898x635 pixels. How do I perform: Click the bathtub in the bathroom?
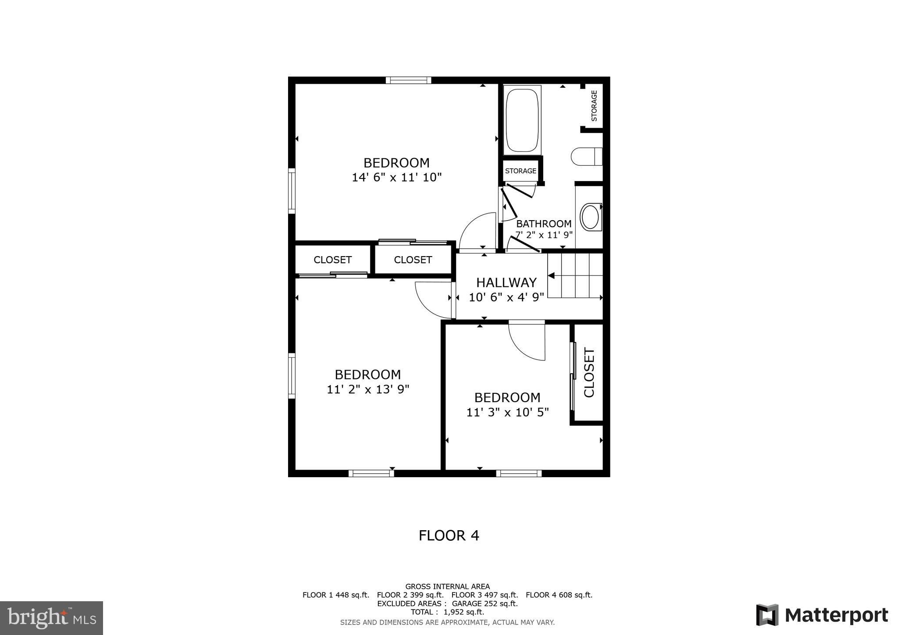(x=522, y=119)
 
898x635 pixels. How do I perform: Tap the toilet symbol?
(x=586, y=157)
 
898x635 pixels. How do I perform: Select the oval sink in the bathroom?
(x=591, y=217)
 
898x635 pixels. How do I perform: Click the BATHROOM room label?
(x=544, y=224)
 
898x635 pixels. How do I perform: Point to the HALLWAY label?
(x=506, y=282)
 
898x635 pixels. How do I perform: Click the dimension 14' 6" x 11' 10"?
(x=396, y=178)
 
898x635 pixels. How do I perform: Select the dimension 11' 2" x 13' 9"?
(x=368, y=389)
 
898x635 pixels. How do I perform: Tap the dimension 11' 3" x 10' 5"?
(x=507, y=412)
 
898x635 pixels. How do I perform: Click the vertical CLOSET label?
(x=589, y=373)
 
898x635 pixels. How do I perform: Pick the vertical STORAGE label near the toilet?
(x=594, y=106)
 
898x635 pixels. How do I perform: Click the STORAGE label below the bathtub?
(x=520, y=171)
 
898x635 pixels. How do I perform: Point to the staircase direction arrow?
(x=552, y=276)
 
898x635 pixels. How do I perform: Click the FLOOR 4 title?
(x=449, y=535)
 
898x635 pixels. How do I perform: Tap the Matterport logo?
(x=822, y=615)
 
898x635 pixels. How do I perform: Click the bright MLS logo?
(x=51, y=618)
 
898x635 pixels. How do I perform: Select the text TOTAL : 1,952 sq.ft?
(x=447, y=612)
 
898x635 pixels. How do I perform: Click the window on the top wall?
(x=408, y=80)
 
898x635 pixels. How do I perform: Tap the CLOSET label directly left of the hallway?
(x=413, y=260)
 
